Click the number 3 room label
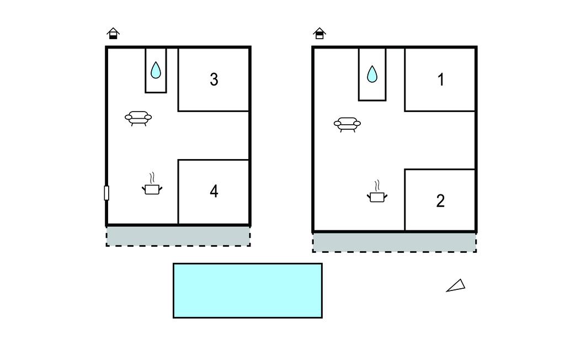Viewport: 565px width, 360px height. point(214,80)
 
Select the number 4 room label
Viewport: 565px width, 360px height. point(214,191)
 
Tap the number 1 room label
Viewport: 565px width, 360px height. point(441,80)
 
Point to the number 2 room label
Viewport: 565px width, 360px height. point(440,201)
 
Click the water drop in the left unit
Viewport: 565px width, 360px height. point(156,70)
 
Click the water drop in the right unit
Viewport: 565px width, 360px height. point(372,75)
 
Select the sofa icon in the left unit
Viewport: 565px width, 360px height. point(138,118)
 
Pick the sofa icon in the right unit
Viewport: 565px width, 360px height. point(348,125)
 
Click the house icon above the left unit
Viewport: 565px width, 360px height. point(113,33)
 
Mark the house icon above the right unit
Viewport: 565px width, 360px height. point(319,33)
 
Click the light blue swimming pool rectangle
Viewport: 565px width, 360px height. point(248,291)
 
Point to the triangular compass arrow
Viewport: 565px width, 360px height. point(457,286)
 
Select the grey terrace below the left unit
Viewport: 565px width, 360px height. point(178,236)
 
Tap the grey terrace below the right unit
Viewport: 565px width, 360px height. point(394,242)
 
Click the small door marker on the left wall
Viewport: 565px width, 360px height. point(106,193)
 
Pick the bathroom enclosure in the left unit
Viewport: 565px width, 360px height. point(156,70)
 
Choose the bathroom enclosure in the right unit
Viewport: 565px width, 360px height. point(372,74)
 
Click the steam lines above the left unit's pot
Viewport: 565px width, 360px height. point(152,178)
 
